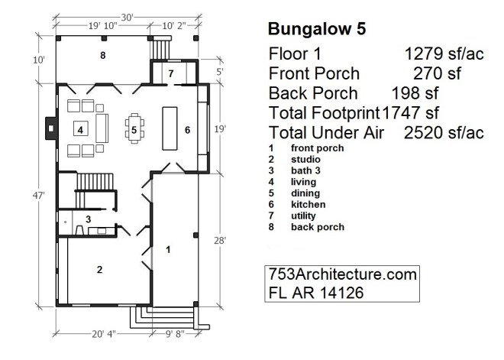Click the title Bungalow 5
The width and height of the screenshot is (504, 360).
(317, 29)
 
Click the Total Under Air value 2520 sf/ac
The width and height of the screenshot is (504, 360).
(444, 133)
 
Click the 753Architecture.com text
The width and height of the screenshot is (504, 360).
(342, 274)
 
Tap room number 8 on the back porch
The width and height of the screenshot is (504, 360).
(102, 56)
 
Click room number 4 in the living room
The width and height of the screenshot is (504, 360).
(79, 129)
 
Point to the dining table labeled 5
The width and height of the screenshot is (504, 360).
(134, 129)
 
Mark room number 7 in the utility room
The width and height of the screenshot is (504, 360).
(171, 73)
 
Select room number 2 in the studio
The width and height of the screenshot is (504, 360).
(99, 268)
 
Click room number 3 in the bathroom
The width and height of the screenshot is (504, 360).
(89, 219)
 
